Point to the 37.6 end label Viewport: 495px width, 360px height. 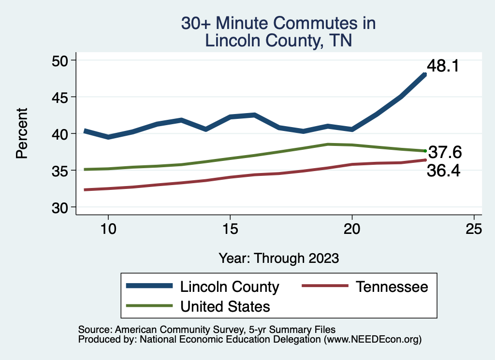tap(445, 153)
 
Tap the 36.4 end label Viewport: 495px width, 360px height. tap(443, 171)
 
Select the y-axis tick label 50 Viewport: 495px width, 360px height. tap(60, 60)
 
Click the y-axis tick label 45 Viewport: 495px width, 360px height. tap(60, 97)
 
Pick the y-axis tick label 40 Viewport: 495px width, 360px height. tap(60, 134)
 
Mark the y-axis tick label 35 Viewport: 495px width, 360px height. tap(60, 171)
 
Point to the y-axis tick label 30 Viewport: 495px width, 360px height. tap(60, 207)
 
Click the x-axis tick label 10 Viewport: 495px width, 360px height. tap(108, 229)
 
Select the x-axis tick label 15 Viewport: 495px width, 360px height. tap(230, 229)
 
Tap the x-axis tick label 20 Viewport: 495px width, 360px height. tap(352, 229)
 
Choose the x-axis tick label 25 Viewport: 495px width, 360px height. tap(474, 229)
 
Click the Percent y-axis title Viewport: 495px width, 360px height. tap(21, 133)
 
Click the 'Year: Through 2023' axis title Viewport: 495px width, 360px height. tap(278, 258)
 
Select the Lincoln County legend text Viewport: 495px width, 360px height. tap(230, 287)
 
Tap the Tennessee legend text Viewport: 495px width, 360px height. tap(392, 287)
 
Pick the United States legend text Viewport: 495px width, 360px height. tap(225, 306)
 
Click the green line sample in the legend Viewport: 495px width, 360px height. tap(149, 306)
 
